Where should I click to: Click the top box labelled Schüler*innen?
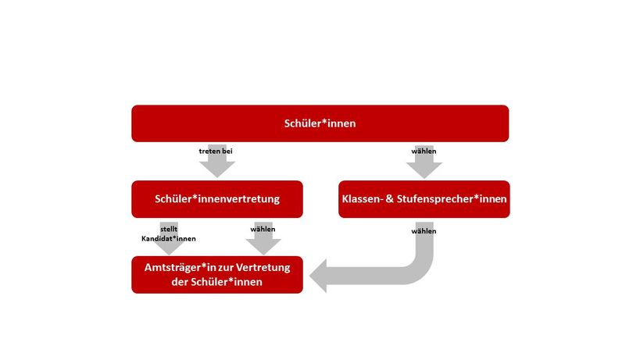click(x=320, y=123)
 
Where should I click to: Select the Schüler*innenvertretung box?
click(x=217, y=199)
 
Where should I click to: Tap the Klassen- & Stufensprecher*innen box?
click(x=424, y=199)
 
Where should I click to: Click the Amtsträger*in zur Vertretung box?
click(x=217, y=274)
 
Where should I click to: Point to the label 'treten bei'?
click(x=216, y=151)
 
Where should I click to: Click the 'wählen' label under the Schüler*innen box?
click(x=424, y=151)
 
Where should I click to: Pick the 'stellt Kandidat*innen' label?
click(x=169, y=233)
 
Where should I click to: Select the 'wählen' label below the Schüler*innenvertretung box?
click(x=263, y=230)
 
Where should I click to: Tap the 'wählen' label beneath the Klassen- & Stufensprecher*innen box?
click(x=424, y=231)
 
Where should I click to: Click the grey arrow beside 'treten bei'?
click(x=216, y=166)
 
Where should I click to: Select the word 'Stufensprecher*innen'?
click(x=452, y=199)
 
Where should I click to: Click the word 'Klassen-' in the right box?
click(x=363, y=199)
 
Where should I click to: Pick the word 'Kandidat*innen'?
click(x=169, y=237)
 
